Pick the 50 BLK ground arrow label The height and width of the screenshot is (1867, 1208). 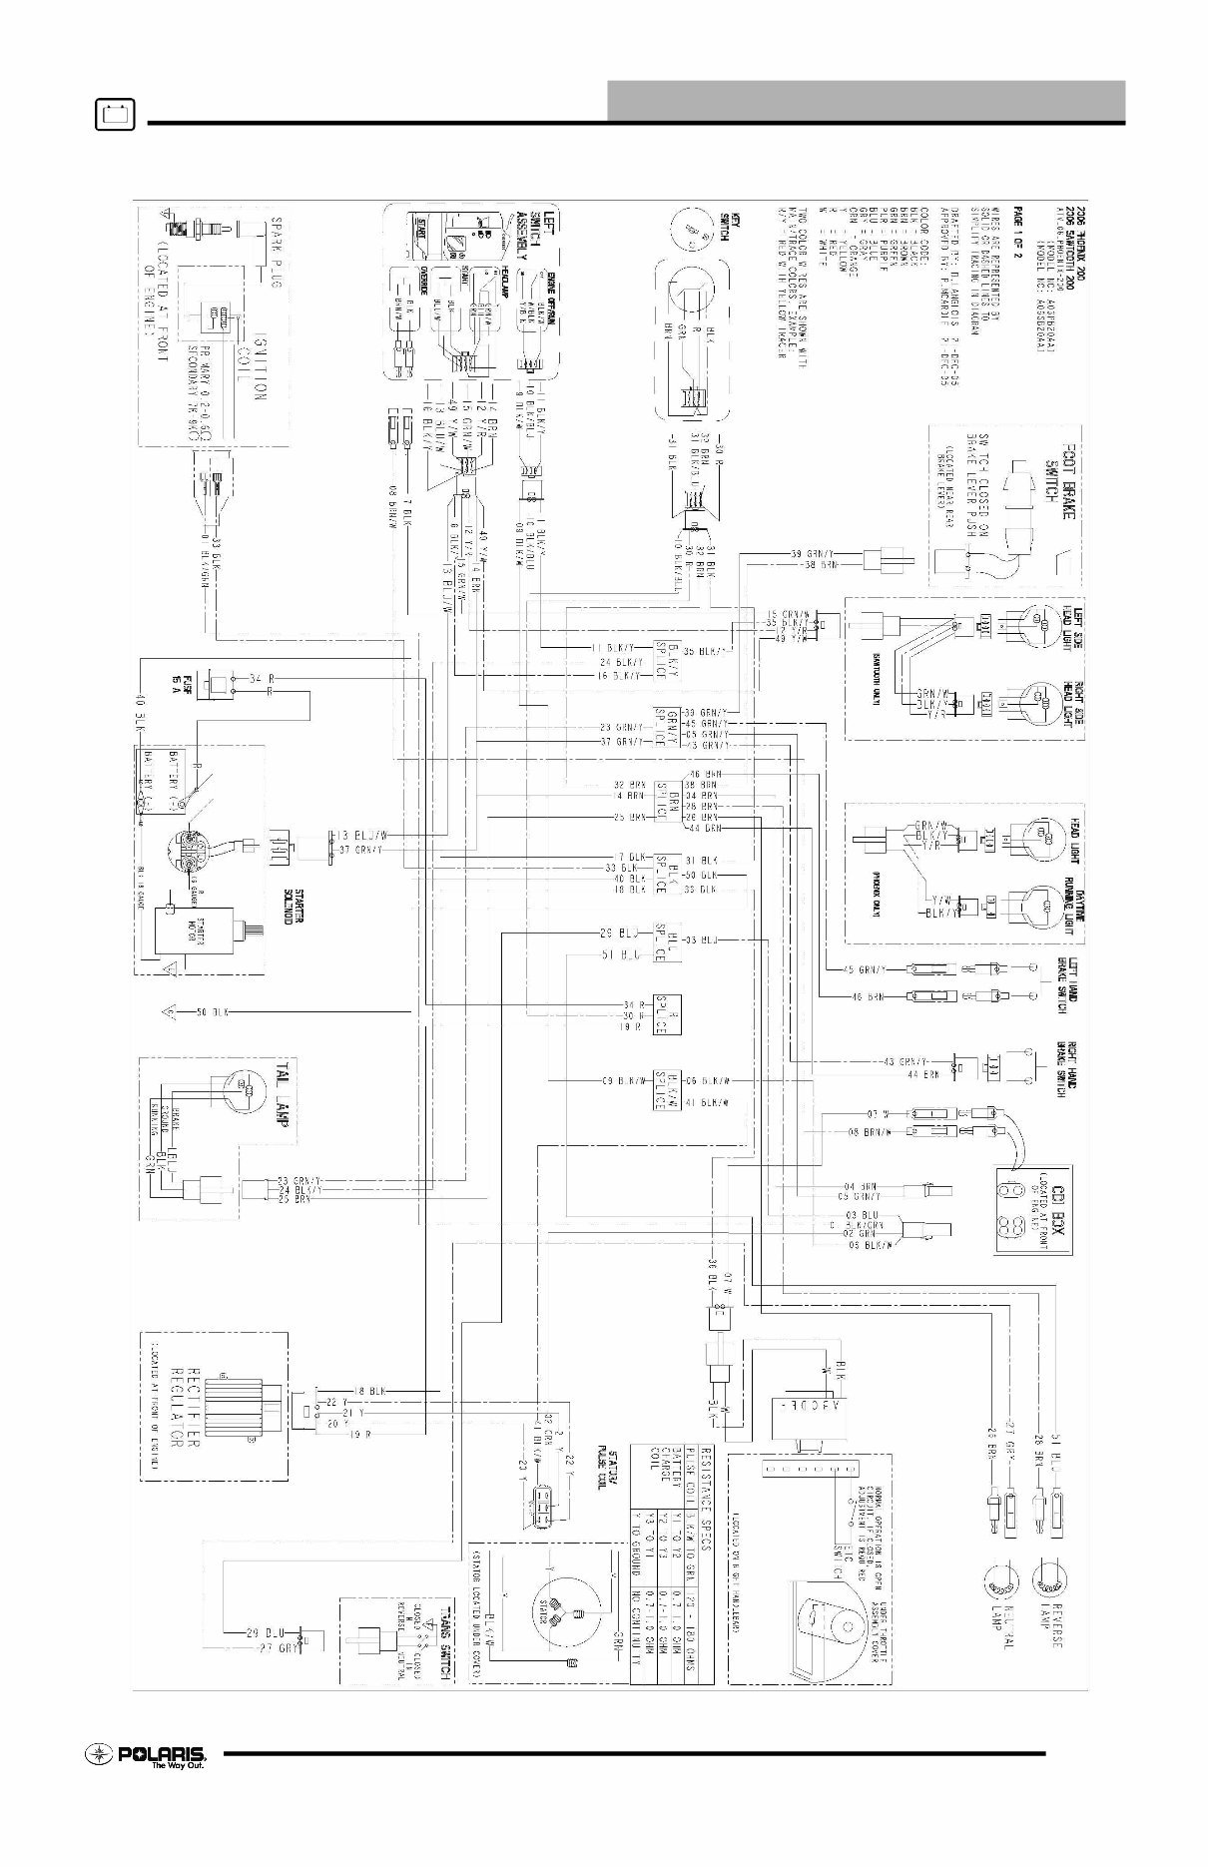point(214,1012)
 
